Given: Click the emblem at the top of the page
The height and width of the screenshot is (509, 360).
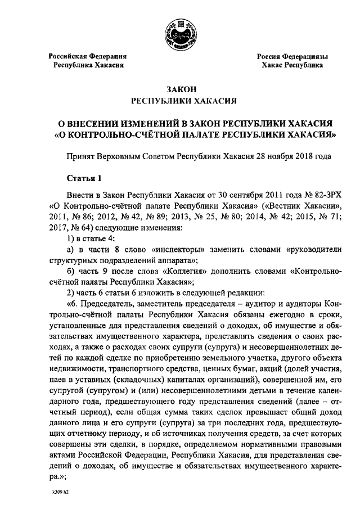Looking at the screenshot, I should pyautogui.click(x=179, y=34).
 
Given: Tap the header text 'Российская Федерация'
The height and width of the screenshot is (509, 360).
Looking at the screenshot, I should pyautogui.click(x=87, y=56).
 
